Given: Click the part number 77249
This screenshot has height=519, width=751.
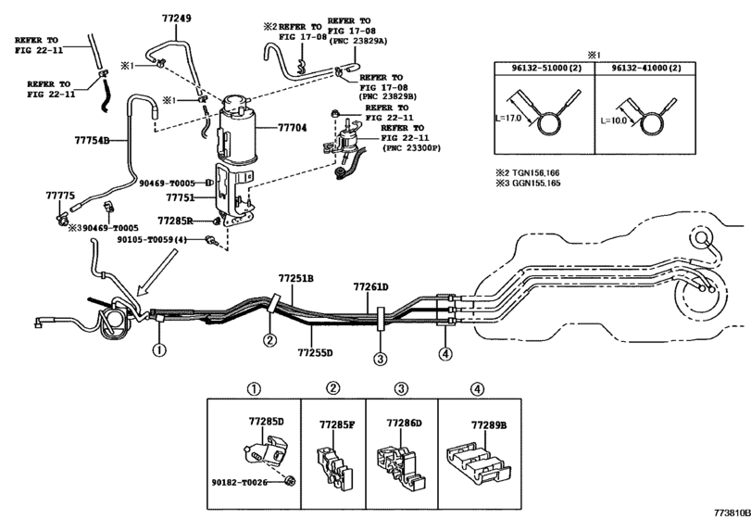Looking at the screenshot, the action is [176, 19].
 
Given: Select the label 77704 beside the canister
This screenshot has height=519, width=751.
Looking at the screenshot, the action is [293, 128].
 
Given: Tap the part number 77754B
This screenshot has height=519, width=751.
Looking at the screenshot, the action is [92, 141].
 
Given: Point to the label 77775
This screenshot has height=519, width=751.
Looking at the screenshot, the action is [60, 196].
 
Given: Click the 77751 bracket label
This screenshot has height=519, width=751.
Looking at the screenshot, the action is [180, 197].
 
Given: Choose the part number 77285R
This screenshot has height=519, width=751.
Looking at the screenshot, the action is [175, 221].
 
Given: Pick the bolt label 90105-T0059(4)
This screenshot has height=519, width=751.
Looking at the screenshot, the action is [152, 239].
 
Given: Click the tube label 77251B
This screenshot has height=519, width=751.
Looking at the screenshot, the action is [296, 278].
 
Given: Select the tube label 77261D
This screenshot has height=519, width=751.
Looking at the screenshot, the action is [370, 287].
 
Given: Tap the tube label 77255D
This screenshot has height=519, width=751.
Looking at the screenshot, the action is [315, 353].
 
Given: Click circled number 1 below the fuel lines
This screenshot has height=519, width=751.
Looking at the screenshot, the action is [159, 349].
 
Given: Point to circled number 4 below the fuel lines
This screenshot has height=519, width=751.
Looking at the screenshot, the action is [444, 354].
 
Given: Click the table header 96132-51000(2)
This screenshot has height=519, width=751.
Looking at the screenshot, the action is [544, 68].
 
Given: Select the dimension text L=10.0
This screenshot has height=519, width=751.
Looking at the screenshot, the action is [614, 120].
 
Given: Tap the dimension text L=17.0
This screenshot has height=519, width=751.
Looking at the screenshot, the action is [507, 118].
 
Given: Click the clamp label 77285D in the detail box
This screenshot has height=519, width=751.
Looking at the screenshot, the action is [267, 422].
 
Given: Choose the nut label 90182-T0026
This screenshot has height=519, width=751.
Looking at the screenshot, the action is [240, 482].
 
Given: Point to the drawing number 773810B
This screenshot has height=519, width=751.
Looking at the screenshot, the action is [732, 513].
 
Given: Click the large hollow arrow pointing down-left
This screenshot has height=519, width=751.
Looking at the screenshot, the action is [156, 272].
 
